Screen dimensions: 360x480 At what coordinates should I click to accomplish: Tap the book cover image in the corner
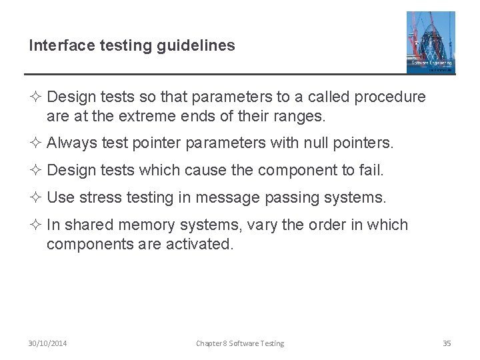pos(430,42)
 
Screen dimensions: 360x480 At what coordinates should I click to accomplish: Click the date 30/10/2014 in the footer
pos(47,343)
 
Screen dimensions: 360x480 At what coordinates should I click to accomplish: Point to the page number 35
pos(447,343)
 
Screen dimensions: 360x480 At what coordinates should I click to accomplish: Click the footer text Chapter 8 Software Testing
pos(240,343)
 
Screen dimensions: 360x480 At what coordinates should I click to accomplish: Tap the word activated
pos(199,245)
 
